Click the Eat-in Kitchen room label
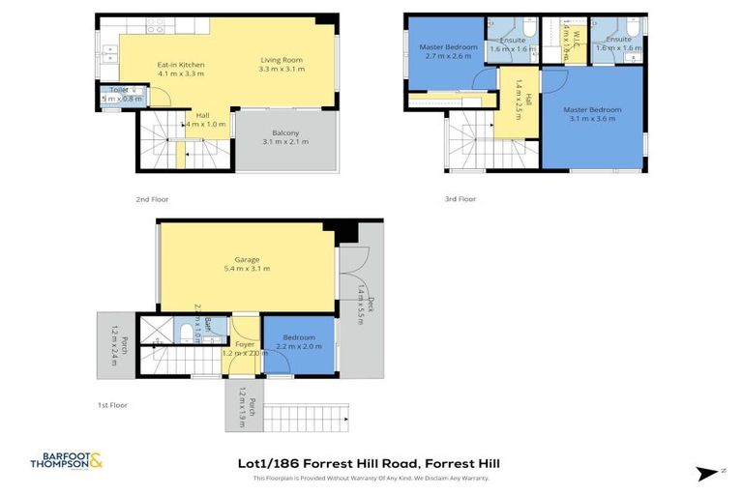click(181, 64)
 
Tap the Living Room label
click(282, 64)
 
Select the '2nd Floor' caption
click(152, 198)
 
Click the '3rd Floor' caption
click(461, 198)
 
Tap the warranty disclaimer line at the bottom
click(371, 479)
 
